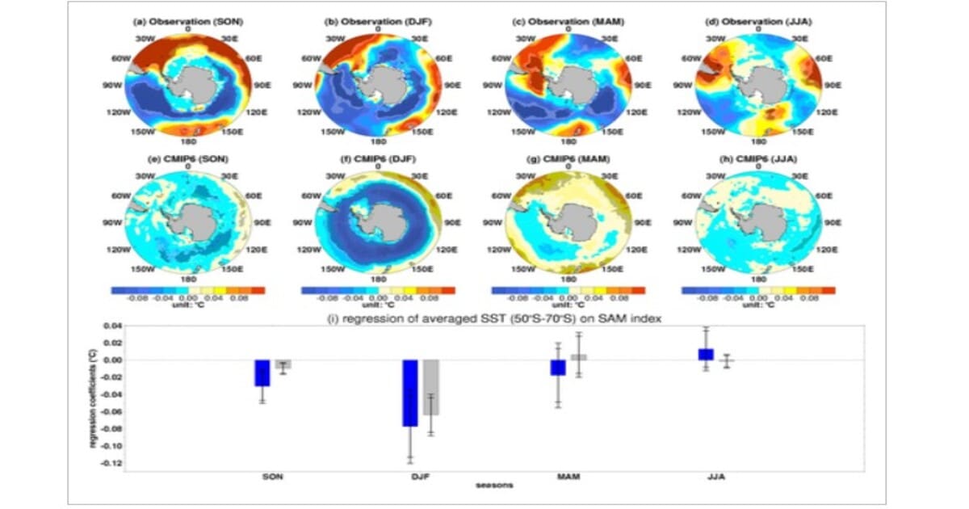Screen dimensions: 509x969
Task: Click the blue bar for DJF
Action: point(410,393)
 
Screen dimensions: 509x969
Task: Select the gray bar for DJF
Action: point(430,387)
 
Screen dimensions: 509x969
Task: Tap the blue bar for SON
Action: point(262,372)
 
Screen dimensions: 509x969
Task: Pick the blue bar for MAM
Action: point(558,368)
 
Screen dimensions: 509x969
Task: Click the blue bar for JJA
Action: point(706,354)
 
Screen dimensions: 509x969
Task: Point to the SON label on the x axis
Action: point(272,477)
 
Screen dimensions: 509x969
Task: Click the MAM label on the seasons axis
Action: point(568,477)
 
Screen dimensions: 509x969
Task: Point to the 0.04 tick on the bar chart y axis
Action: point(111,326)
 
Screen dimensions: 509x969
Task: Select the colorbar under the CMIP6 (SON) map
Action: point(187,289)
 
